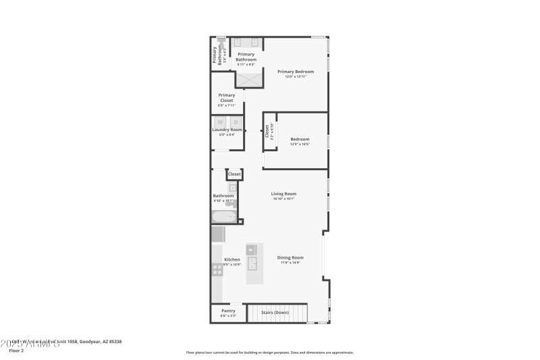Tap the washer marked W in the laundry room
219,122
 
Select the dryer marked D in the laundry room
235,122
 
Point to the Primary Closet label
226,98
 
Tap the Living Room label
284,194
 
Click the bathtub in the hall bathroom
223,217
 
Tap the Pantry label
228,311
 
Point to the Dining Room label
290,257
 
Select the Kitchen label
232,259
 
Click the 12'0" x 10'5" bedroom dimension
299,144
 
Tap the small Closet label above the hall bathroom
234,174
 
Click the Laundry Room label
227,130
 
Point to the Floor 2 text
16,351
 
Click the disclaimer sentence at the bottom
269,353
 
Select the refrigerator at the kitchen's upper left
218,234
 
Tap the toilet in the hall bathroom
232,201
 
